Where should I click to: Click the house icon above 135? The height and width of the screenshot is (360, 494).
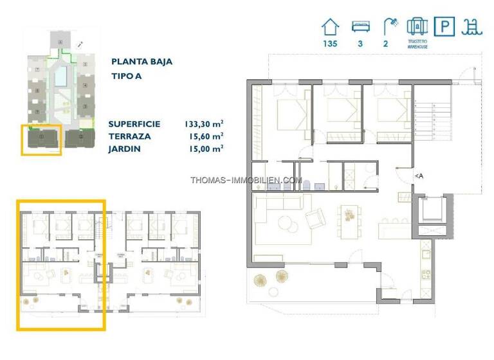[x=330, y=27]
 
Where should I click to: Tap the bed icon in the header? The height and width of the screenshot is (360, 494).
[x=360, y=27]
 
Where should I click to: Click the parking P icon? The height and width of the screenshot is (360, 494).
[x=444, y=26]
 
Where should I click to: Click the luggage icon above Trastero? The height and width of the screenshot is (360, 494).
[x=417, y=26]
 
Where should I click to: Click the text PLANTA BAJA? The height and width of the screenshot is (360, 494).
[x=142, y=62]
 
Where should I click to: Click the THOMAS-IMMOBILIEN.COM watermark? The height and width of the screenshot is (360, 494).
[x=246, y=180]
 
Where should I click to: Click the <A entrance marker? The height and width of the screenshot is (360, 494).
[x=419, y=175]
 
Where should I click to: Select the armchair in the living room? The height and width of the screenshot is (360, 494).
[x=315, y=220]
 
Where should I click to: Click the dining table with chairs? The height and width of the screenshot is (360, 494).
[x=349, y=215]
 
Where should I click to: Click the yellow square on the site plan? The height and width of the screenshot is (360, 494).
[x=42, y=140]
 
